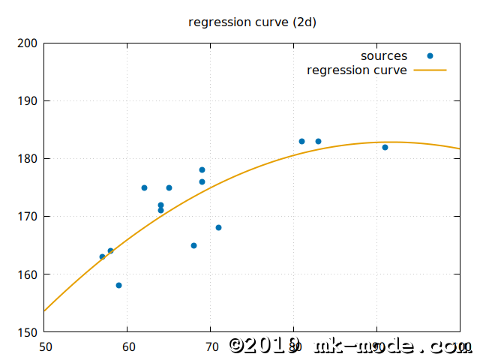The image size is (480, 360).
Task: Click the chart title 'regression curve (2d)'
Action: [252, 22]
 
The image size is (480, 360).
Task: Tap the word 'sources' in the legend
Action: [384, 56]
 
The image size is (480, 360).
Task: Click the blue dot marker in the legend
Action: [430, 56]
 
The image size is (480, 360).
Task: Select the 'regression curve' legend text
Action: [357, 70]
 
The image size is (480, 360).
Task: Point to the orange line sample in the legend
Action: [430, 70]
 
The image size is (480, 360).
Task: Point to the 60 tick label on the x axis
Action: [127, 347]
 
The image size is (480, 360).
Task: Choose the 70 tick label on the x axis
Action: [211, 347]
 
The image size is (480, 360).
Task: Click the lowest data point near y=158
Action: [119, 286]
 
